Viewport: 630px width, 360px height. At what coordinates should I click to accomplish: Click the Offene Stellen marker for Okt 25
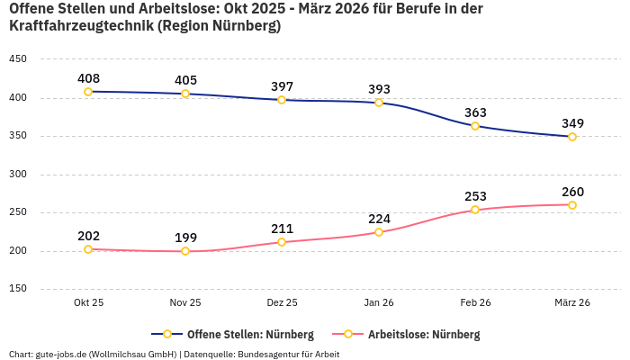pos(88,92)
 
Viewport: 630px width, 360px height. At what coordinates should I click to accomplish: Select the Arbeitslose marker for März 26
pos(572,205)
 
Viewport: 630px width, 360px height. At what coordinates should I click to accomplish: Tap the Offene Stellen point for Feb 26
pos(475,126)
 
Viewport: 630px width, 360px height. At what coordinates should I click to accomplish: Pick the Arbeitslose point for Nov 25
pos(185,251)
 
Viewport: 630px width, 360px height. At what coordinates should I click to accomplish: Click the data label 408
pos(88,77)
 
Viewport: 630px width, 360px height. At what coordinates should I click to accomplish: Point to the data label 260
pos(572,192)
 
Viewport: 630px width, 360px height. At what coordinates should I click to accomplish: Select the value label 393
pos(379,89)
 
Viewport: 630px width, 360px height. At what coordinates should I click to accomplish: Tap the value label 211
pos(282,229)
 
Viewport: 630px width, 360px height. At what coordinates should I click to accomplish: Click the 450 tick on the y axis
pos(17,59)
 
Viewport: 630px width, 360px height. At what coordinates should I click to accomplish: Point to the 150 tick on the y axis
pos(17,289)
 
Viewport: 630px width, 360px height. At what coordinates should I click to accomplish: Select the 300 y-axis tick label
pos(17,175)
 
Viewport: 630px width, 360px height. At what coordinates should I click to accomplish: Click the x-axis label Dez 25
pos(282,303)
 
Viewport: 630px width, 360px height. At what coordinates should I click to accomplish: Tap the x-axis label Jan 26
pos(379,303)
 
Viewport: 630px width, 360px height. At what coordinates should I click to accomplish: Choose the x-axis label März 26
pos(572,303)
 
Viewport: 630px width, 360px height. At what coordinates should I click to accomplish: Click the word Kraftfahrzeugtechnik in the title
pos(80,26)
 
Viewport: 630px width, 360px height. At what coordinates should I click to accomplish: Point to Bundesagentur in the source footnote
pos(269,354)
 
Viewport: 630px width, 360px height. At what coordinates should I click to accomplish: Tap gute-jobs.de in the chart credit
pos(60,354)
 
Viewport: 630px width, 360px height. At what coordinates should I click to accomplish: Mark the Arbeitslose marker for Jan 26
pos(379,232)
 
